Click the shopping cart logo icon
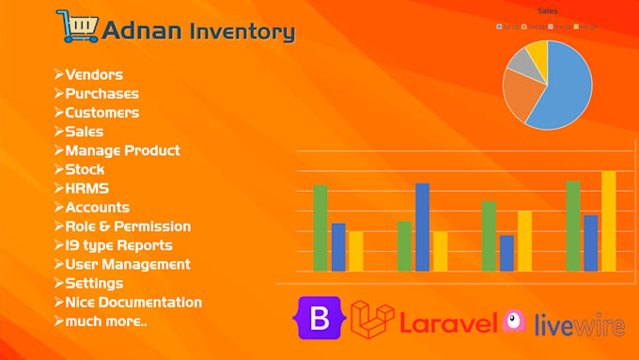tap(76, 26)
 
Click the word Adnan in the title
tap(143, 30)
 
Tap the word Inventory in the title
tap(242, 31)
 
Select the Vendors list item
tap(93, 74)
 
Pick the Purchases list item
tap(101, 93)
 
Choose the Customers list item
tap(101, 112)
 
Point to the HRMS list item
tap(86, 188)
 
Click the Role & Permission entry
tap(127, 226)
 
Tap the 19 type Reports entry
tap(118, 245)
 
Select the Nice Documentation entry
tap(132, 302)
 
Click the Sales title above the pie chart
tap(547, 10)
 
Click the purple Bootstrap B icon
tap(320, 318)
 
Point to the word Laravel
tap(447, 324)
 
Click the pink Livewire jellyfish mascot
tap(514, 321)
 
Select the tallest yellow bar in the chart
tap(608, 221)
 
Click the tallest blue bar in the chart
tap(422, 227)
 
